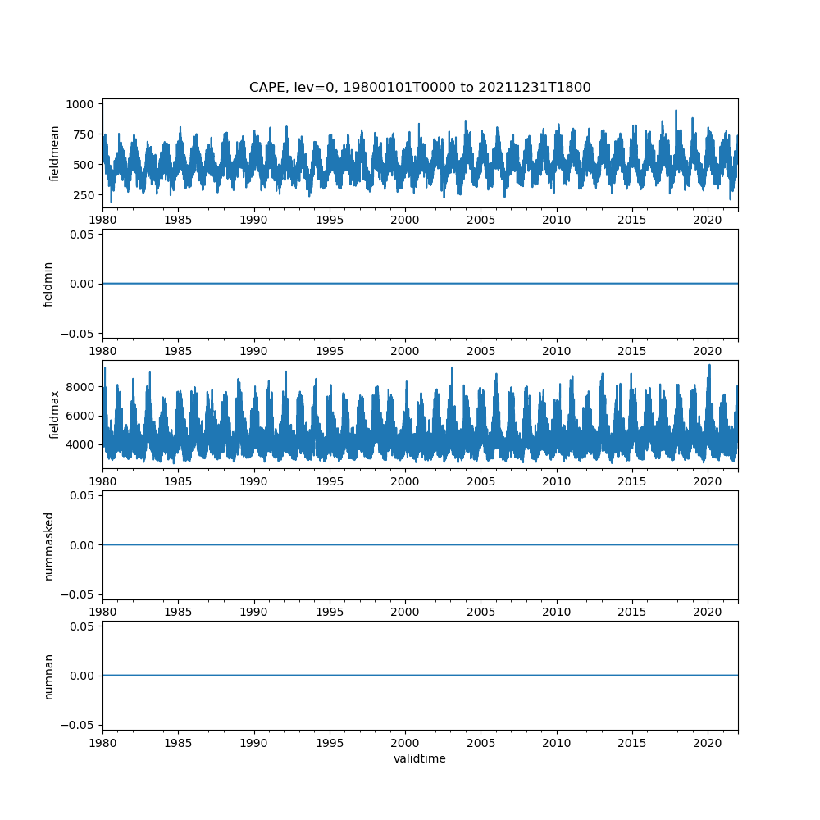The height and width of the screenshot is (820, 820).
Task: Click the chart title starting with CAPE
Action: point(420,88)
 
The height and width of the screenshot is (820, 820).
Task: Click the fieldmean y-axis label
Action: point(55,153)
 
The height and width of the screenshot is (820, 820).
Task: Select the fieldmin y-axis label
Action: point(48,284)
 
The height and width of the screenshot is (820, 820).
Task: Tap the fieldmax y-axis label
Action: point(55,414)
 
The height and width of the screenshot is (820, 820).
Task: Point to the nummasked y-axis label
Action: point(48,545)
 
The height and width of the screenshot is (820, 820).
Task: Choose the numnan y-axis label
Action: point(48,676)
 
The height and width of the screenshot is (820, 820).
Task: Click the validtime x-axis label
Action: point(420,759)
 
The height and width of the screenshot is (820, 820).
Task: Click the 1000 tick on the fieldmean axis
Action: point(83,104)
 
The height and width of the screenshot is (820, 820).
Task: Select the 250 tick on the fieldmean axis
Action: point(86,194)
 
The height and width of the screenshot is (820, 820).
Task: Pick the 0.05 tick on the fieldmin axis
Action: point(82,235)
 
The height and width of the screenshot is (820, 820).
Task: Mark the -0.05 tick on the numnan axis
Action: point(79,725)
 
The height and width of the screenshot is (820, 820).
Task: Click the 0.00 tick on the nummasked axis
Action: point(82,545)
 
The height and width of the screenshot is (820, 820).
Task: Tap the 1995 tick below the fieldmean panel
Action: point(330,220)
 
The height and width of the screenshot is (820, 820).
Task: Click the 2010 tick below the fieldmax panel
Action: point(557,481)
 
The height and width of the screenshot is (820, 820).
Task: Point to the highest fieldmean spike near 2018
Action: point(676,111)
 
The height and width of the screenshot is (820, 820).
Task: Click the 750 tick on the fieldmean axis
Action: point(86,134)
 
